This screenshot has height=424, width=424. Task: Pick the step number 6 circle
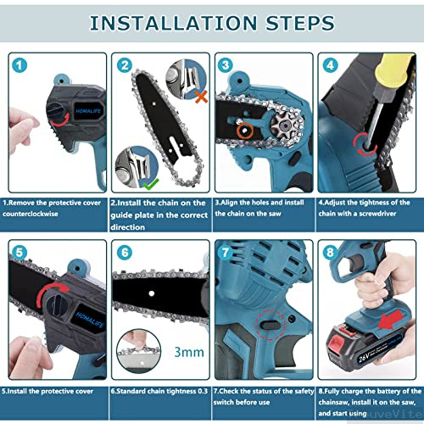point(124,253)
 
